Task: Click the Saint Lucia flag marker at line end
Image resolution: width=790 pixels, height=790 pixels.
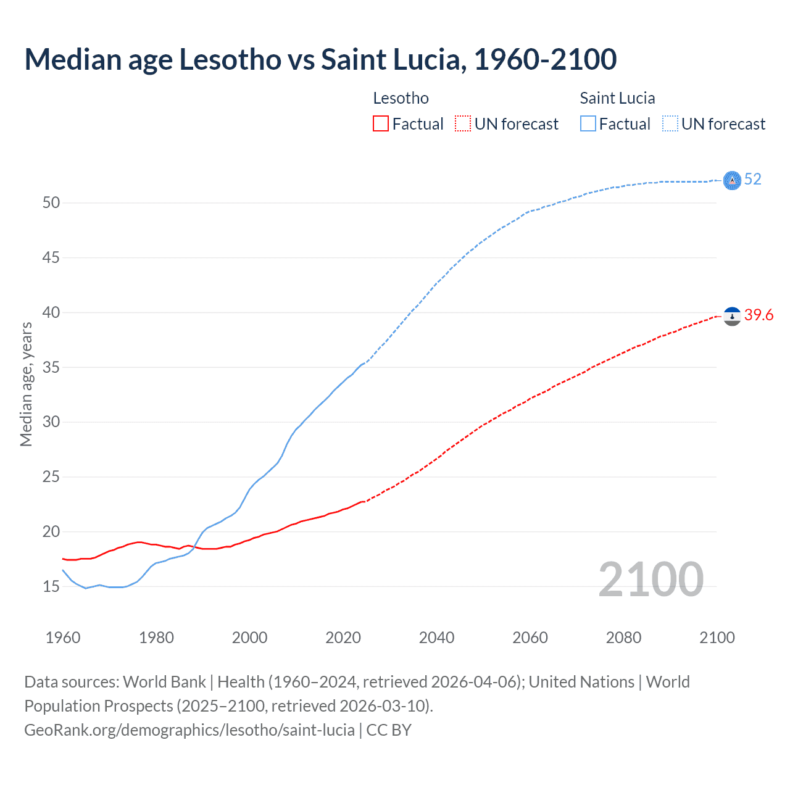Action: [732, 180]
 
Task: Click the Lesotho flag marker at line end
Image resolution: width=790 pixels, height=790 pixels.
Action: [732, 317]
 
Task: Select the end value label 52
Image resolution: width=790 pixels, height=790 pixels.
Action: [752, 180]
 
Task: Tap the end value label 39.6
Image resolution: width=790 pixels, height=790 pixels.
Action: [759, 315]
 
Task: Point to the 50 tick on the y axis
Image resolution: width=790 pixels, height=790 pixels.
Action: [51, 203]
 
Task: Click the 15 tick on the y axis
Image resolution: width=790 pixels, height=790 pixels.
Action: [51, 586]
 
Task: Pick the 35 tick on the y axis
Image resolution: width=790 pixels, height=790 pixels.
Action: [51, 367]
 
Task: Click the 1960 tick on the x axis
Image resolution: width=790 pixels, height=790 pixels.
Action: [63, 638]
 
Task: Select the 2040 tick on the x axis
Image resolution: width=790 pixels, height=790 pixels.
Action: [436, 638]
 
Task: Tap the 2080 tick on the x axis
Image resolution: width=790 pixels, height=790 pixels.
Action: [623, 638]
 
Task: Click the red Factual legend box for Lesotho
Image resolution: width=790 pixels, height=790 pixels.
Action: [381, 124]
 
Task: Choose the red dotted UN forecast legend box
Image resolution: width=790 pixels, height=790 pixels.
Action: [463, 124]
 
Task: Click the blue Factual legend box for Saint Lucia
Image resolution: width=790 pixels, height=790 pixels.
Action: [588, 124]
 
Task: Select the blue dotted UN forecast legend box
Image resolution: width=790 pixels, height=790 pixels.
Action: [670, 124]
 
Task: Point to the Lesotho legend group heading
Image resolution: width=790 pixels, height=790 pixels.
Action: [401, 98]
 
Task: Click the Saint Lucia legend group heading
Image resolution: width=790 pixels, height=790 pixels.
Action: [617, 98]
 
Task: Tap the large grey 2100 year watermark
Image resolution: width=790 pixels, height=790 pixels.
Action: [651, 580]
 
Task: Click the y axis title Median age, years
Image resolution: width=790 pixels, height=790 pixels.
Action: [26, 384]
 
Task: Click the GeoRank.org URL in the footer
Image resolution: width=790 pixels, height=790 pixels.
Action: [189, 730]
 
